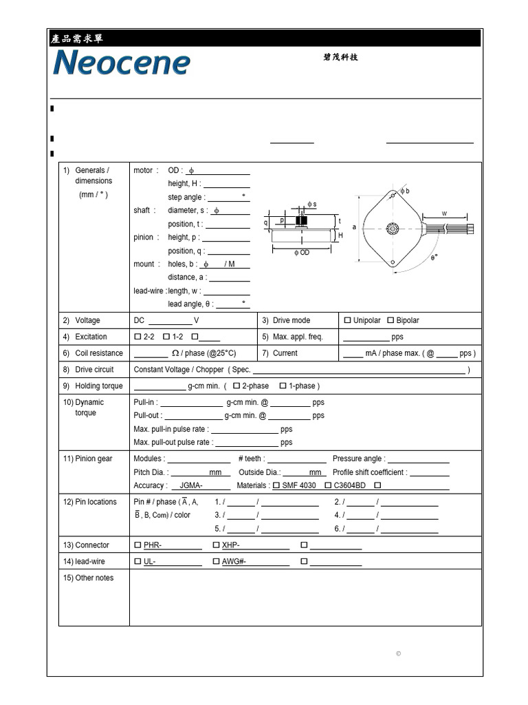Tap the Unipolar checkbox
click(347, 321)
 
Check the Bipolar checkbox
click(390, 321)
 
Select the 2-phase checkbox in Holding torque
click(236, 386)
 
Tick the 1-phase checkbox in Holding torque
click(283, 386)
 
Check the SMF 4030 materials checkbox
click(276, 486)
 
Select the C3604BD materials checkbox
click(328, 486)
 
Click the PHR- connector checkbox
click(137, 545)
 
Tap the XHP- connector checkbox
click(216, 545)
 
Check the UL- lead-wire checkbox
click(137, 562)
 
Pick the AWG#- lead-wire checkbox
click(216, 562)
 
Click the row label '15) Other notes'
click(89, 578)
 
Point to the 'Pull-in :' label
click(146, 403)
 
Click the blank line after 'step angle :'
click(226, 198)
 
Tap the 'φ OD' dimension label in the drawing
click(302, 253)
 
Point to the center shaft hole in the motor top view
click(393, 228)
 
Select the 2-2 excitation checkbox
click(137, 337)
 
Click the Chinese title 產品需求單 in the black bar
click(77, 39)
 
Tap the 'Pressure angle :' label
click(358, 459)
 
